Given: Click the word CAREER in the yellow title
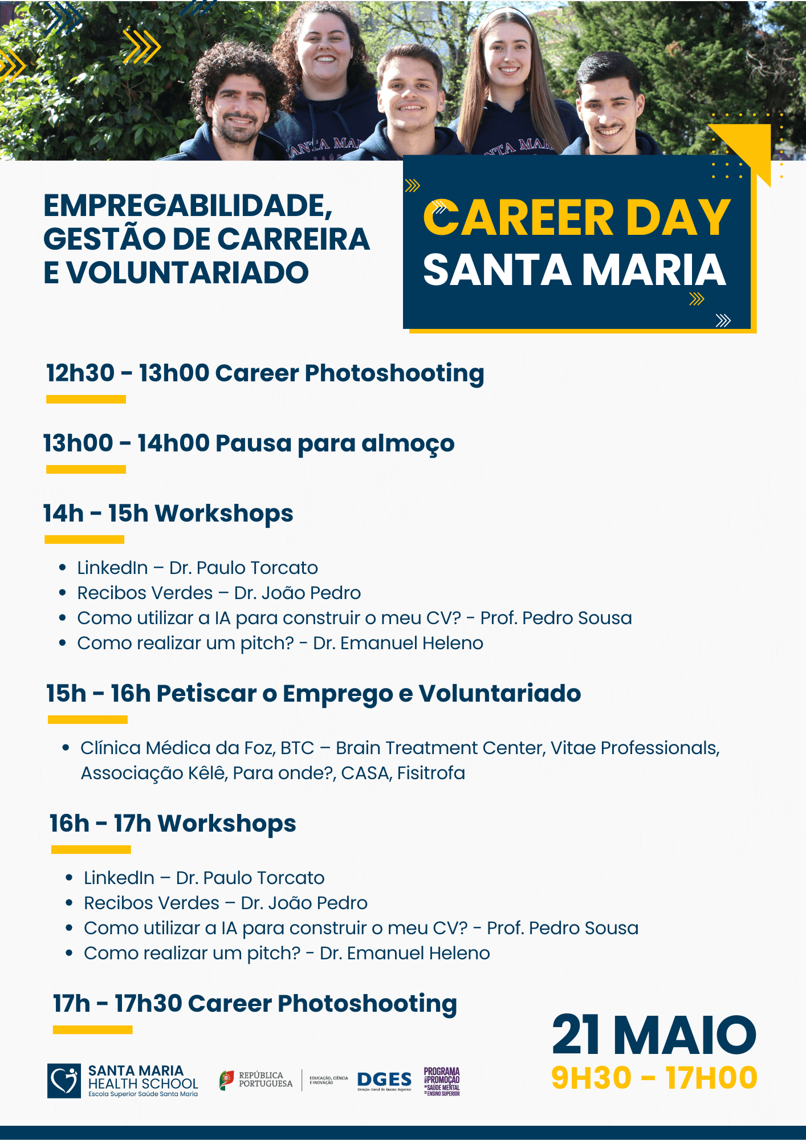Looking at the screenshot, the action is click(x=518, y=217).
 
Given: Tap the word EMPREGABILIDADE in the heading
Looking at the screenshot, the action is click(x=188, y=205).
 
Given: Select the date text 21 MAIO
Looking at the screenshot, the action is click(x=654, y=1035).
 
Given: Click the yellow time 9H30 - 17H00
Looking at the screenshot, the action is click(x=654, y=1078).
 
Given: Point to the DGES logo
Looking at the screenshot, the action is click(x=384, y=1081).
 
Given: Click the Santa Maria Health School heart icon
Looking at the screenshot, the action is click(x=64, y=1080).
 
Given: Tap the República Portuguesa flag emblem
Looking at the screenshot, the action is click(x=226, y=1080).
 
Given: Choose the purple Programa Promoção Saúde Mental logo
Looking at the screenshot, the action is click(x=442, y=1081).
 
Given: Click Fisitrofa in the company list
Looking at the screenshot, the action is click(x=431, y=773).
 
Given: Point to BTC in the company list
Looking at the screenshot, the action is click(x=297, y=748).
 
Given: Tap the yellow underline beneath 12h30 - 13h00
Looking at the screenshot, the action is click(x=86, y=399).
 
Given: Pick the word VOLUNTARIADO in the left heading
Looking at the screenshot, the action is click(x=188, y=272).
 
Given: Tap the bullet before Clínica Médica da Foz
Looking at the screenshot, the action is click(x=66, y=748).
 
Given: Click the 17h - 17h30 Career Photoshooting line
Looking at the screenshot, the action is click(x=255, y=1004).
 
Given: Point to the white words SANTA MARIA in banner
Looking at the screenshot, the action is click(x=575, y=270).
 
